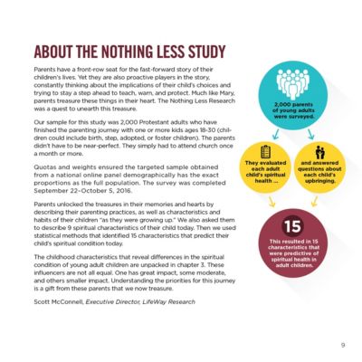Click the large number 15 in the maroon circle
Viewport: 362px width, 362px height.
click(x=291, y=225)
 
